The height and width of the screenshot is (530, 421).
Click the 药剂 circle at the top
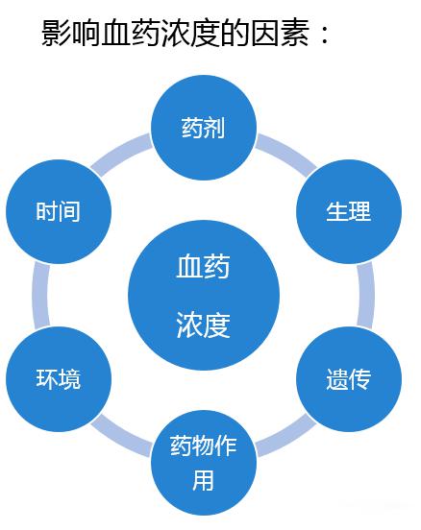coord(204,128)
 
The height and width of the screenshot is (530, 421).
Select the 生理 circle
coord(349,211)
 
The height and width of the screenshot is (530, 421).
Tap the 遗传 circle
coord(349,379)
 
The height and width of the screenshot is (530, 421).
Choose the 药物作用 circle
coord(204,463)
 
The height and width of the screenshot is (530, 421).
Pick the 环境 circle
coord(59,379)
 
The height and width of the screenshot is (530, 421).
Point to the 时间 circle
coord(59,211)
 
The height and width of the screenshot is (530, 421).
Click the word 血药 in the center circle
coord(203,267)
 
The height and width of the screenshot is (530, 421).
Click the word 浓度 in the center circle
coord(203,325)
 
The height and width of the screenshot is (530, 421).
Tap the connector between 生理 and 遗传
coord(366,296)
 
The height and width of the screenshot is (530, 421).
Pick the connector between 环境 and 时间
coord(41,296)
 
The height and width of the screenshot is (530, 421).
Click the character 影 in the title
coord(56,33)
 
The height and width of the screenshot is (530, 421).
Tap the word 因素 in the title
coord(281,33)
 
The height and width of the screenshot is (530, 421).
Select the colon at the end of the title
coord(324,35)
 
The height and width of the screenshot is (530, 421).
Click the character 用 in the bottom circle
coord(203,480)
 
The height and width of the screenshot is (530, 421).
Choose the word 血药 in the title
coord(131,33)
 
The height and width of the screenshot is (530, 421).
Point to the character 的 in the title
coord(235,33)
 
